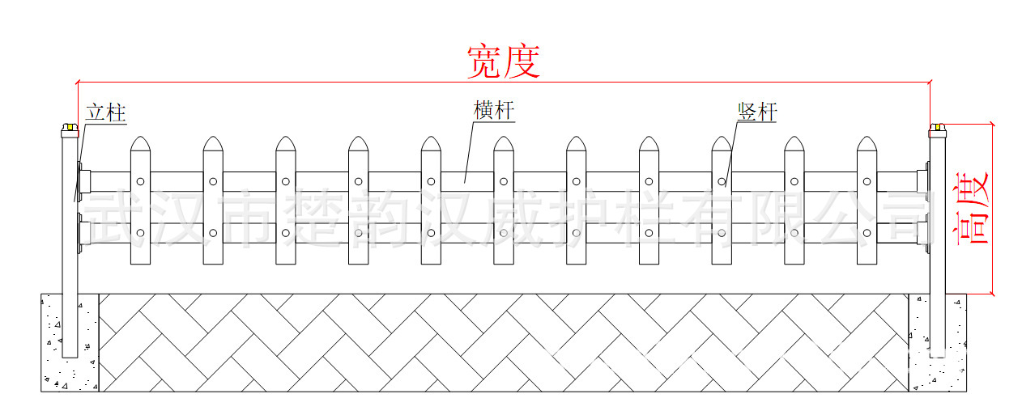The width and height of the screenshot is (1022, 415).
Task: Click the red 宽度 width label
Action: pos(503,61)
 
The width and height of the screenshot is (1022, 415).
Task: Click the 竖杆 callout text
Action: pos(756,111)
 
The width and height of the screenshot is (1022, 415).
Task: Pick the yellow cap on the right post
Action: pos(938,127)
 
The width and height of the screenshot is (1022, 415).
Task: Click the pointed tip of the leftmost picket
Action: pos(141,139)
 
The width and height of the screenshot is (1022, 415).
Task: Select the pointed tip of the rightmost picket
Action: pos(867,139)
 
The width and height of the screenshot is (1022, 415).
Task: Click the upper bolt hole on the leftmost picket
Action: pos(141,181)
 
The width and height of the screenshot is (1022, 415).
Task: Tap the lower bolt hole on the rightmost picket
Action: pos(867,234)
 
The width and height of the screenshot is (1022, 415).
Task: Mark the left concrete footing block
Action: pos(70,343)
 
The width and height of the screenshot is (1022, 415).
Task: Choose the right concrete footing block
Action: pos(938,343)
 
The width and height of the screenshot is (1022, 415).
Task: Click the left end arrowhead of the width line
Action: pos(79,82)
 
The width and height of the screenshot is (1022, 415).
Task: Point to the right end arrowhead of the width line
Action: pos(928,82)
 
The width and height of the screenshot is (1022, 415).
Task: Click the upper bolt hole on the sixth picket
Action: pos(504,181)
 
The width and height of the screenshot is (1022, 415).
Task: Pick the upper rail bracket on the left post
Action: pos(83,181)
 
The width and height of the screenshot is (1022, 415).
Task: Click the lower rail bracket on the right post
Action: pos(922,234)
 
